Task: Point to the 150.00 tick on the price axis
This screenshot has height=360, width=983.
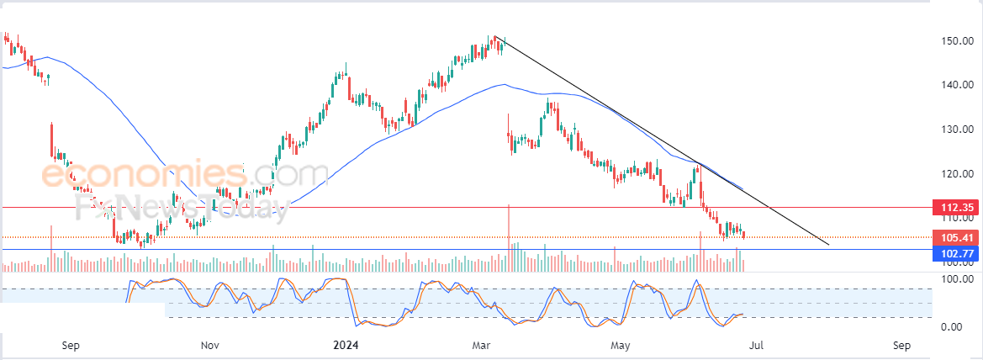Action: (957, 40)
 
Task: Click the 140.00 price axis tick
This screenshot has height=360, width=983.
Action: (957, 85)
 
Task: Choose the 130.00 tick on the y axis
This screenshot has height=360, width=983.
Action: (957, 130)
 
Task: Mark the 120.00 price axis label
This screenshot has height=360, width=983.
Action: (957, 174)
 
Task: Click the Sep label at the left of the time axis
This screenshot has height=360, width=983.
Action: (71, 345)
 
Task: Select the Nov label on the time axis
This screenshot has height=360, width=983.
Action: (210, 345)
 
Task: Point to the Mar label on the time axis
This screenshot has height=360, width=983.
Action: (482, 345)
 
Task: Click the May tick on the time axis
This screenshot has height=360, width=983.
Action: (621, 345)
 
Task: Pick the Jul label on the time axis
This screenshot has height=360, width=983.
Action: (757, 345)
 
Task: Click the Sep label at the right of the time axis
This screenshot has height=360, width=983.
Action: (901, 345)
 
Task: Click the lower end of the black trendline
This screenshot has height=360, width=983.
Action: (829, 245)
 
